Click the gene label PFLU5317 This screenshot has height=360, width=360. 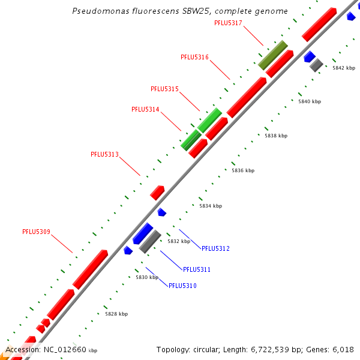coord(228,23)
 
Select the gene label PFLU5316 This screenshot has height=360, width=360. coord(194,57)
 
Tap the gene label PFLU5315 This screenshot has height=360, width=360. coord(164,89)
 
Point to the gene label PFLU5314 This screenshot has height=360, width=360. coord(145,109)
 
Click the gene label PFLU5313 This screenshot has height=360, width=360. coord(104,154)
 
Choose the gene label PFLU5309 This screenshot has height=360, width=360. coord(36,232)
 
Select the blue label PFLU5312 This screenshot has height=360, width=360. coord(215,248)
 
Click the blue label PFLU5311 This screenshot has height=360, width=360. coord(196,269)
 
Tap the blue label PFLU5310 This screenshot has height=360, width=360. coord(182,286)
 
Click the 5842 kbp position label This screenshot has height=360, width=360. coord(344,68)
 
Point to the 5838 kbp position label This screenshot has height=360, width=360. coord(276,136)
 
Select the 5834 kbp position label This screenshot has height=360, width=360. coord(211,206)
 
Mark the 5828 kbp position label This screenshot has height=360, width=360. coord(116,314)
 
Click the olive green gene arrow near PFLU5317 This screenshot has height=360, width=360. coord(273,55)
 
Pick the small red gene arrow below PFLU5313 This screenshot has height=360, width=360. coord(157,193)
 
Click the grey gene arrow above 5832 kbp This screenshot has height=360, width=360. coord(149,241)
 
